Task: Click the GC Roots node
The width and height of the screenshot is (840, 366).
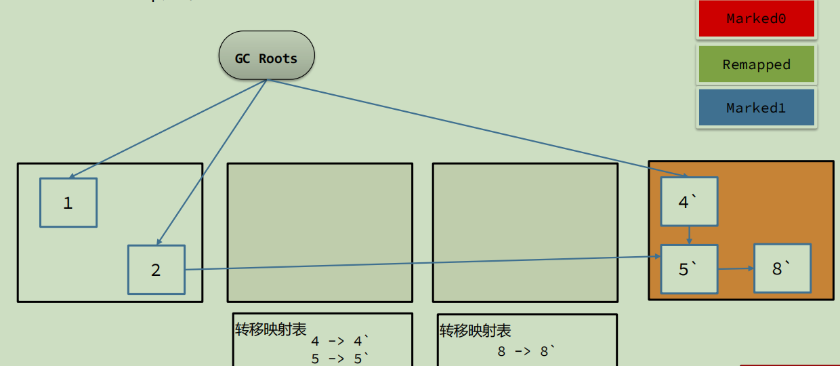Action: pos(267,55)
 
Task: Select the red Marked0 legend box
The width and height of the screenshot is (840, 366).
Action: pos(757,18)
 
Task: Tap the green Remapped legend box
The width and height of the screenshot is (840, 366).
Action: pos(757,64)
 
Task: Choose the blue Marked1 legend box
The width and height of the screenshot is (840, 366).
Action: pos(757,107)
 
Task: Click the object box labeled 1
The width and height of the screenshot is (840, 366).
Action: pos(68,203)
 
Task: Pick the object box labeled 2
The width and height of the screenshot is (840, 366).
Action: pos(156,270)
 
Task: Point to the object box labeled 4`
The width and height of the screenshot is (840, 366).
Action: pos(689,201)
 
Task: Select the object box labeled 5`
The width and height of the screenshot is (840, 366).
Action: pos(689,269)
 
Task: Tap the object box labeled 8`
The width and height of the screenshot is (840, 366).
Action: pos(782,268)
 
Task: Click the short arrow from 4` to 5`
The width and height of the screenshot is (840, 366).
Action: pos(689,235)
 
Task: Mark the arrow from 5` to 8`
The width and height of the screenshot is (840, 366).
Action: pos(736,268)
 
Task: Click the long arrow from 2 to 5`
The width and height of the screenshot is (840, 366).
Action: pos(423,263)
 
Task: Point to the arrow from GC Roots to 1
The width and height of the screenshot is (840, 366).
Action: pos(167,129)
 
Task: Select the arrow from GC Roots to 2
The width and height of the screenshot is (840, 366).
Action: pos(211,163)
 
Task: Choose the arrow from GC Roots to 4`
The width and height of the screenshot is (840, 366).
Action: pos(478,127)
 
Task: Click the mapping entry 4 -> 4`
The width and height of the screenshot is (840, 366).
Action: pos(340,341)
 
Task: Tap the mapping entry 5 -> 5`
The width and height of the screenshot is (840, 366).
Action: pos(340,359)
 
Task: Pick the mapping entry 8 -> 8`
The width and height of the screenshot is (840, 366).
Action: pos(526,351)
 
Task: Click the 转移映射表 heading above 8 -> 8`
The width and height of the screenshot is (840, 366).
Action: pos(475,331)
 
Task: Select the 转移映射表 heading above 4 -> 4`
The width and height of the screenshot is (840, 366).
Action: pos(271,329)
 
